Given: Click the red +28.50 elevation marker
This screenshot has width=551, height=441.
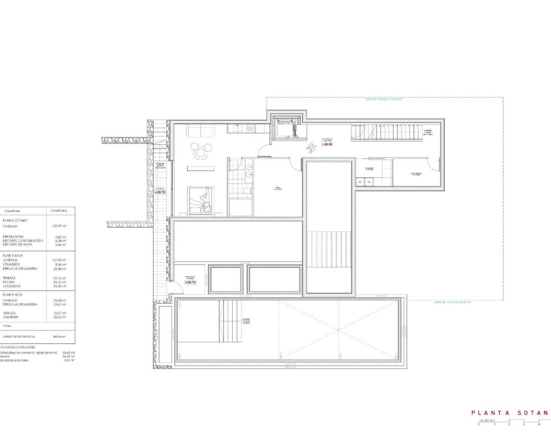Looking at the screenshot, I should point(327,144).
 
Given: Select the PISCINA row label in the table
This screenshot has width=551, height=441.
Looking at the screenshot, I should point(9,282).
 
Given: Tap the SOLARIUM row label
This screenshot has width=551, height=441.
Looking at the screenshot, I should point(11,317).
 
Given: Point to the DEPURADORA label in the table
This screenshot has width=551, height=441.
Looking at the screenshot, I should point(12,236).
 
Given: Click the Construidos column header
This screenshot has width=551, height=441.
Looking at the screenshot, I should point(59,211).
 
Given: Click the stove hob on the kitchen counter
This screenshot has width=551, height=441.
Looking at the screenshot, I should point(251,128).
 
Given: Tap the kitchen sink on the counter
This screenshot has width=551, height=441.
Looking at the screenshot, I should point(237,128).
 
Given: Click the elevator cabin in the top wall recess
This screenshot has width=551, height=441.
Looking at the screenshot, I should point(285,128).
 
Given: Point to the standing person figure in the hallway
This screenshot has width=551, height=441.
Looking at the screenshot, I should point(310,147).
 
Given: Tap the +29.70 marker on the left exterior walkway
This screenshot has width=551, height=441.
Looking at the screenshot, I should point(160,192).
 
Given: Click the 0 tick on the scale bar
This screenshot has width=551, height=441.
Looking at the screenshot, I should point(479,424).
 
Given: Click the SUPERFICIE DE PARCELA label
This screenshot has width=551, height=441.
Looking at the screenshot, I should point(19,336).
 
